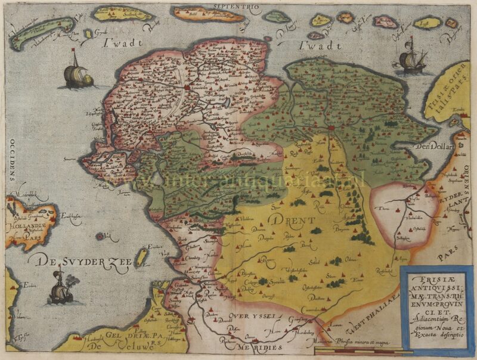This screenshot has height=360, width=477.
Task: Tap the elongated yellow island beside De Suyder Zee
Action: pyautogui.click(x=142, y=257)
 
